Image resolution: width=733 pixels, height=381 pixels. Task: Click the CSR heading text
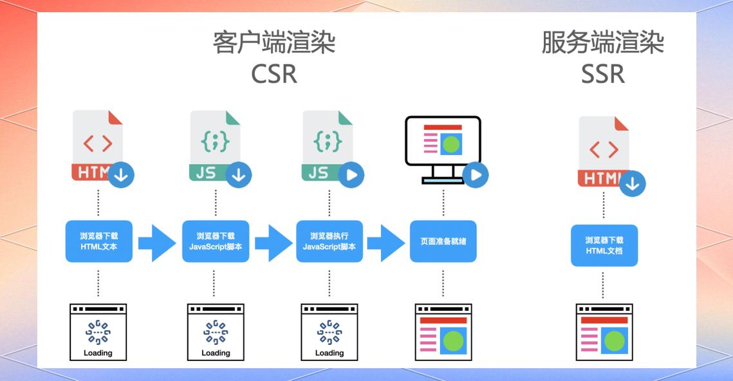[x=274, y=74]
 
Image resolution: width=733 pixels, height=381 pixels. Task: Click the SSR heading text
[x=603, y=74]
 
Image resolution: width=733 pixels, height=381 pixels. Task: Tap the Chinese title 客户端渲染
[x=274, y=43]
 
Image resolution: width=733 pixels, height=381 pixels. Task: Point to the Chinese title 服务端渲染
[x=603, y=43]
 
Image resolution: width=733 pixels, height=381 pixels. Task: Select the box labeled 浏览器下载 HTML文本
[x=99, y=241]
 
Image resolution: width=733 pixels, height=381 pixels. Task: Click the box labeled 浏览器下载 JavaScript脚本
[x=216, y=241]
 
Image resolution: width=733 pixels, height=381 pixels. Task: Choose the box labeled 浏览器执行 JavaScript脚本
[x=329, y=241]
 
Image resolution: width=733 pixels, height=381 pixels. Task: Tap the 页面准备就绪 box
[x=443, y=241]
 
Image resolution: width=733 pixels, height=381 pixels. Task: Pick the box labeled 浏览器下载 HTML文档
[x=604, y=245]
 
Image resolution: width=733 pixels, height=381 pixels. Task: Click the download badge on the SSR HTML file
[x=633, y=184]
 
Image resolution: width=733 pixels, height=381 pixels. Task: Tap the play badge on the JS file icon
[x=351, y=174]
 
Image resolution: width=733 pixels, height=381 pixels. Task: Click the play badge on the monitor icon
[x=476, y=174]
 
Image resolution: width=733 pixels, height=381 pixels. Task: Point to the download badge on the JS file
[x=239, y=174]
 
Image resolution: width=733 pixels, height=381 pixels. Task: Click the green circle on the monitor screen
[x=452, y=144]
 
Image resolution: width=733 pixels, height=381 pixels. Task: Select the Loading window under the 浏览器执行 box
[x=329, y=332]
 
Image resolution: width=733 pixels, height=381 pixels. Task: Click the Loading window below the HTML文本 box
[x=98, y=332]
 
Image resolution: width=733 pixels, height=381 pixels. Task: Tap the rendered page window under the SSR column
[x=604, y=332]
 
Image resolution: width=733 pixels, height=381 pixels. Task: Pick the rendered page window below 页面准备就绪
[x=443, y=332]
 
